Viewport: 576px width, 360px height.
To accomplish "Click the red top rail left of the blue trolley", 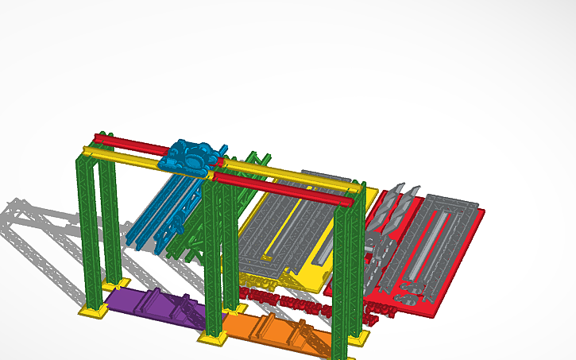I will (131, 143).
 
